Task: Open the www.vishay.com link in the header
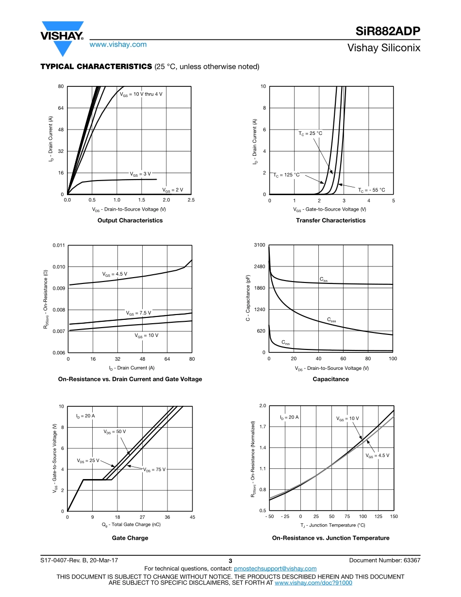click(118, 44)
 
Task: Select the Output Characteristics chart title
click(130, 220)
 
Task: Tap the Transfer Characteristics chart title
click(330, 220)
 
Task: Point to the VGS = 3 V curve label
click(140, 173)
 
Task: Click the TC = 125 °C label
click(286, 175)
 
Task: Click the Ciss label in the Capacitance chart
click(323, 280)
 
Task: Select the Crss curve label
click(285, 343)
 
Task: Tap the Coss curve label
click(331, 320)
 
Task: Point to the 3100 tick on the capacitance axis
click(260, 246)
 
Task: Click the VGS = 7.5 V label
click(138, 313)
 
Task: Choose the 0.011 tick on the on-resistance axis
click(59, 246)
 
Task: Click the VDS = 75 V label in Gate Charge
click(155, 469)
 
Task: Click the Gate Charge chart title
click(130, 538)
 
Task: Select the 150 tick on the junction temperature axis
click(394, 516)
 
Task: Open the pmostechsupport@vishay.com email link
click(275, 568)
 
